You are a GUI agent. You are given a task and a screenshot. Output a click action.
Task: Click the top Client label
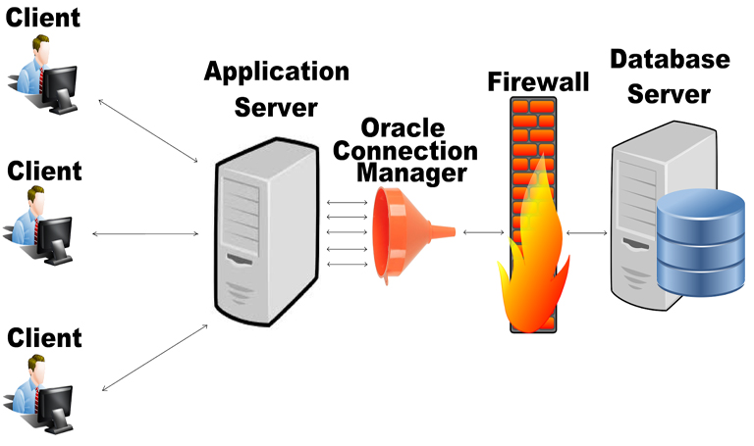coord(43,18)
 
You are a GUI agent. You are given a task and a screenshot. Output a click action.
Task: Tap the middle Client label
coord(44,171)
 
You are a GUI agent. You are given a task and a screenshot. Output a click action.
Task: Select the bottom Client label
coord(44,337)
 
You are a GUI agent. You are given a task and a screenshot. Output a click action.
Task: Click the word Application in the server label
coord(276,73)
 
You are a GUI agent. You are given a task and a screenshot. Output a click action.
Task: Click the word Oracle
coord(404,128)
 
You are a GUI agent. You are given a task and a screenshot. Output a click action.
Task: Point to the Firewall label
coord(538,81)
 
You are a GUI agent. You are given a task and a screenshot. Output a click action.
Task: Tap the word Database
coord(671,59)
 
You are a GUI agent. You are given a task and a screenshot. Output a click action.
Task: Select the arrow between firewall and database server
coord(586,232)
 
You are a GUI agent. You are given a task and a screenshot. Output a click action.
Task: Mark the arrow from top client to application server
coord(147,127)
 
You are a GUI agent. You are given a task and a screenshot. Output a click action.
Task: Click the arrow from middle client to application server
coord(147,233)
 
